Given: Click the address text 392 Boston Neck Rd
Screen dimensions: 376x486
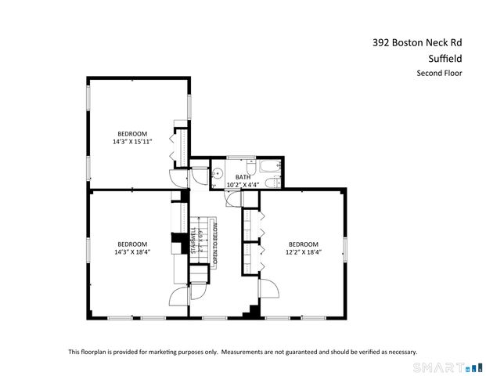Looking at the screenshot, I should click(x=416, y=44).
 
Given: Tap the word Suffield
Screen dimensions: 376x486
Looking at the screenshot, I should click(x=444, y=59).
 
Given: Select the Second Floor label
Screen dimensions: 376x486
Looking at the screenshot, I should click(x=439, y=74).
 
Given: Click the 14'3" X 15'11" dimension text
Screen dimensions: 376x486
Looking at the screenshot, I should click(x=131, y=142).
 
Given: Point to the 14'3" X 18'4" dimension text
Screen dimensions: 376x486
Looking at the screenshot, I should click(x=131, y=253).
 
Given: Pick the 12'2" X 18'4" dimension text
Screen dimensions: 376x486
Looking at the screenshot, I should click(x=302, y=253).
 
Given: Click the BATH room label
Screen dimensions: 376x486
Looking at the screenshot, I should click(x=243, y=177).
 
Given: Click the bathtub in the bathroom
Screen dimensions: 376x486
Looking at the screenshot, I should click(x=268, y=168).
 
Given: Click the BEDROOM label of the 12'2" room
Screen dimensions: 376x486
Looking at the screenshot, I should click(x=302, y=244).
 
